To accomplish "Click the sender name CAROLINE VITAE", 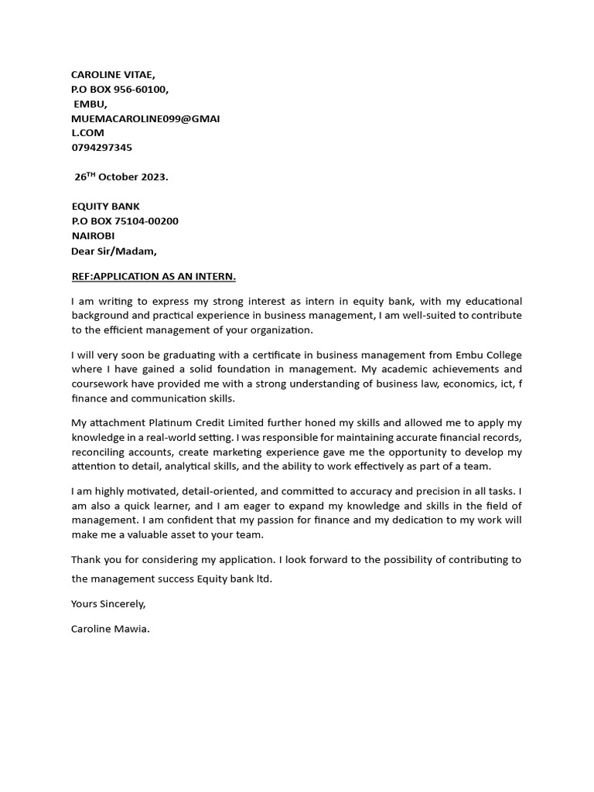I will (x=113, y=75).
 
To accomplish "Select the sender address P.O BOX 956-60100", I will (x=120, y=89).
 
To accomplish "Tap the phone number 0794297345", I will (x=101, y=147).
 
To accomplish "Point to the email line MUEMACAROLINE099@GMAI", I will (x=145, y=118).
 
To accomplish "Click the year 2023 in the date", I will (x=153, y=177).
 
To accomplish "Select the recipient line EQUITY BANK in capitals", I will (x=105, y=207).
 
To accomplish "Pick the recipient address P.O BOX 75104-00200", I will (x=125, y=221).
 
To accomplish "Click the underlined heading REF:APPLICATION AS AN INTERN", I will (x=154, y=276).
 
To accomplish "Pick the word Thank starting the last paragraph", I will (x=86, y=559).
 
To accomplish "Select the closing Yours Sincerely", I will (x=108, y=603).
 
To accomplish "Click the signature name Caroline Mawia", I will (x=110, y=629).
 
